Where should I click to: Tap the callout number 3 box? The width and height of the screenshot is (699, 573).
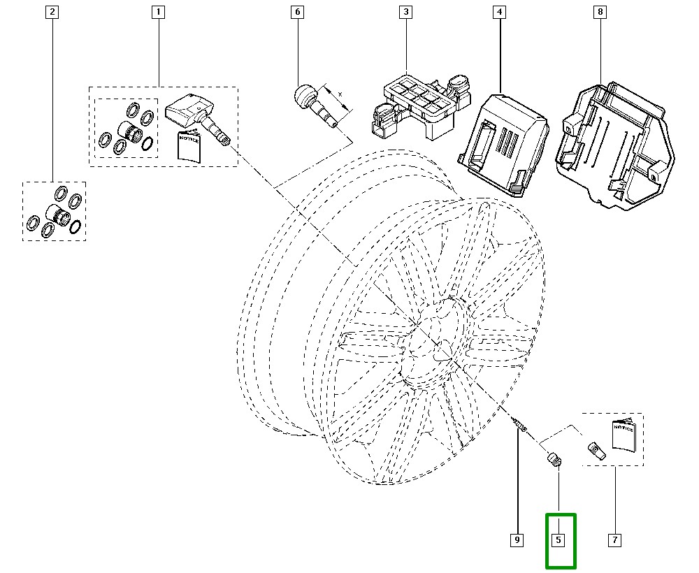tap(405, 12)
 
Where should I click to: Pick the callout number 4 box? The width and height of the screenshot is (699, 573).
tap(499, 12)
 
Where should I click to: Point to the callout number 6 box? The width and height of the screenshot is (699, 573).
tap(298, 12)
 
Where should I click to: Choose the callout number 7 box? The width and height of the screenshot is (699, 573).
tap(614, 540)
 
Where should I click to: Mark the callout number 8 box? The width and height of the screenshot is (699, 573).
tap(599, 12)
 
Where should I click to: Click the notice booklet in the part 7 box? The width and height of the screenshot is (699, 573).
tap(623, 437)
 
